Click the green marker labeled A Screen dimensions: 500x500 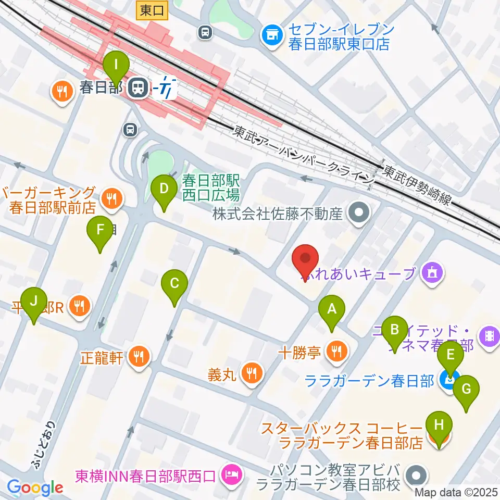332,311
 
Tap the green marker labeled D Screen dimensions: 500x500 164,188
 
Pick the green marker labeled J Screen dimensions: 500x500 34,302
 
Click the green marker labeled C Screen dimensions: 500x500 174,284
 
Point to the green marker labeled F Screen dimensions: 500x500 101,230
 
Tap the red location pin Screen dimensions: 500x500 306,258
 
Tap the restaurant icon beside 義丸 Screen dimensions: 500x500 252,373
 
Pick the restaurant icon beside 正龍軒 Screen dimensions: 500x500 139,357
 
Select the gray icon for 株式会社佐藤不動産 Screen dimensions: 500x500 359,213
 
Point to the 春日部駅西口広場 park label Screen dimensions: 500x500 211,188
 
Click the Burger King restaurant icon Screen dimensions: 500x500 110,198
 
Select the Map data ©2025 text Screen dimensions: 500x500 456,491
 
